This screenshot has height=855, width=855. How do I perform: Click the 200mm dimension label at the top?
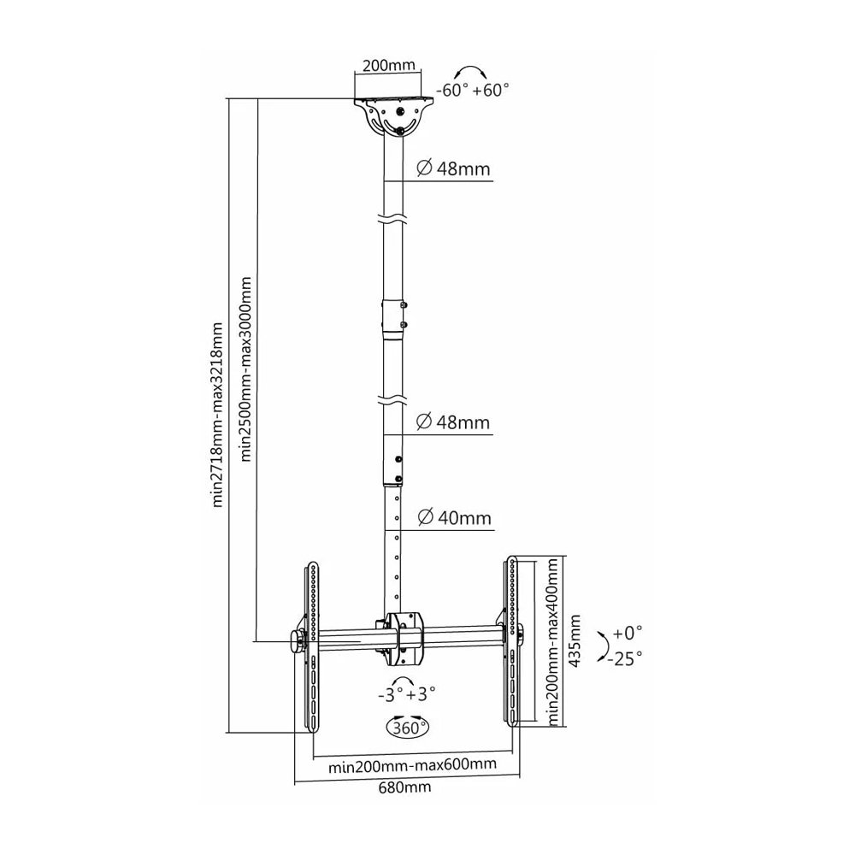click(389, 66)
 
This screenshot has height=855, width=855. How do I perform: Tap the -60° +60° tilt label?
click(472, 90)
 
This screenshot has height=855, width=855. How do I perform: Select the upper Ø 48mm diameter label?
click(453, 169)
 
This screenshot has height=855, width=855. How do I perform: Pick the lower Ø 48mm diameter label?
click(453, 422)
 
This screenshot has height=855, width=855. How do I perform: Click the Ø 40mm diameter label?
click(454, 517)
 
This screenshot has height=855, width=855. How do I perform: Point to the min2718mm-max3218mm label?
click(218, 415)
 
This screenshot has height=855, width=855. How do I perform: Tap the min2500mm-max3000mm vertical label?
click(246, 369)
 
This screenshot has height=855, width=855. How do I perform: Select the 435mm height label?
click(575, 641)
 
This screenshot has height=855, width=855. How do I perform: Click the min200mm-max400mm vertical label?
click(554, 641)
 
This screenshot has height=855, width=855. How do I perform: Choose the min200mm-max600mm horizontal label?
click(412, 765)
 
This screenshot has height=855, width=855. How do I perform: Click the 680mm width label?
click(404, 787)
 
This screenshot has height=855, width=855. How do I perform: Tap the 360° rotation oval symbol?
click(407, 726)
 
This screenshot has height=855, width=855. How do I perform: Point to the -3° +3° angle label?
click(407, 694)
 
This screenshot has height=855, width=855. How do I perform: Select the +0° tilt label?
click(627, 633)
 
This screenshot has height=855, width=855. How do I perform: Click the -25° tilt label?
click(626, 658)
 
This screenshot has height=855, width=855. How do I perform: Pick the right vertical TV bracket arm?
click(512, 641)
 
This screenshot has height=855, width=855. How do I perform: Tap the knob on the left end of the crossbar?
click(298, 641)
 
